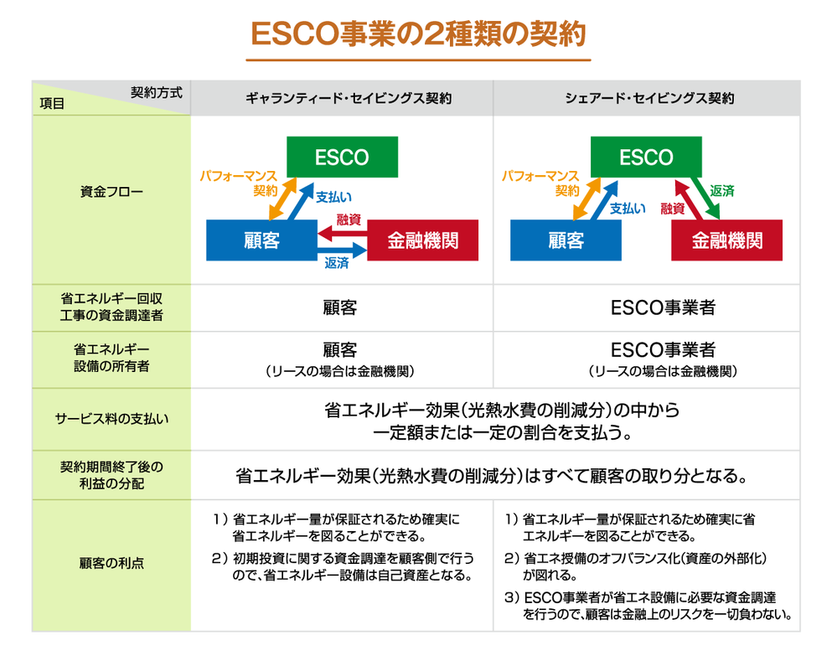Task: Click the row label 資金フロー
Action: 111,192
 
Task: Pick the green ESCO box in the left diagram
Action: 342,158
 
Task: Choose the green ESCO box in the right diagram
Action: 646,158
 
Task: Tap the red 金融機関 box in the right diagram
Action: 726,241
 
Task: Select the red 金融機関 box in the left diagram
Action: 422,241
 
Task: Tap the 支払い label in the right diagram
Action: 628,209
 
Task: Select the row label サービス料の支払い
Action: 111,418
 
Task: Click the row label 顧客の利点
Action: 111,563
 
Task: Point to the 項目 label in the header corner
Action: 52,105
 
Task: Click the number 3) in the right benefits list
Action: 512,598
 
